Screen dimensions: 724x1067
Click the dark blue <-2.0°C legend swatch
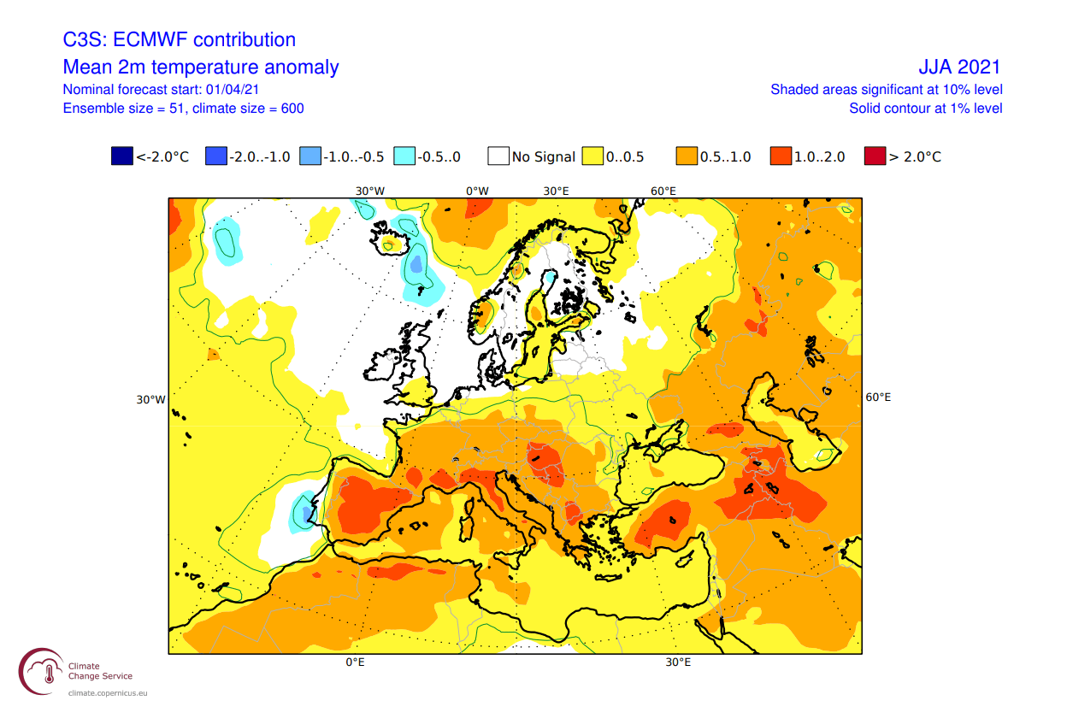(x=122, y=156)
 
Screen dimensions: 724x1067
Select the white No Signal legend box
(x=498, y=156)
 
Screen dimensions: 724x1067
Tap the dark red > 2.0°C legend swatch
(x=875, y=156)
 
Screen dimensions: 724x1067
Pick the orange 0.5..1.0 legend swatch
(x=687, y=156)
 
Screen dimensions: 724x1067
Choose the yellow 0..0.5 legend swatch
(x=592, y=156)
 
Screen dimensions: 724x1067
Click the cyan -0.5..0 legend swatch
(x=404, y=156)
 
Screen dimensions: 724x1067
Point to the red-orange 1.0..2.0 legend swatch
(x=781, y=156)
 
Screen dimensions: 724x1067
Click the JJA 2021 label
(x=958, y=68)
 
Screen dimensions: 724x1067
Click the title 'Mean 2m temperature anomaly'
(x=201, y=68)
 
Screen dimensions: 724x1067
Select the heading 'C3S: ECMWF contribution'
(x=180, y=39)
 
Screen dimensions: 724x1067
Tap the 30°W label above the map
(x=370, y=191)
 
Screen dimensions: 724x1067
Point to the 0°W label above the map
(x=477, y=191)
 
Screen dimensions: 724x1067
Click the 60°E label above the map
(x=663, y=191)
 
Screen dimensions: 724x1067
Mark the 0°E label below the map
(x=356, y=662)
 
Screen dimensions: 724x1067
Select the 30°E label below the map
(x=679, y=662)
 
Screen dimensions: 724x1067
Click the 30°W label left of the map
(x=150, y=399)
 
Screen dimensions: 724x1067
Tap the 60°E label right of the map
(x=878, y=397)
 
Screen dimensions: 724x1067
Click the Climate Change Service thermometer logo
(x=41, y=672)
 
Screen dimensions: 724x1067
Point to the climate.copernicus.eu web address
(x=108, y=693)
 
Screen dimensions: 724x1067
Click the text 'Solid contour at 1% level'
(x=925, y=109)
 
